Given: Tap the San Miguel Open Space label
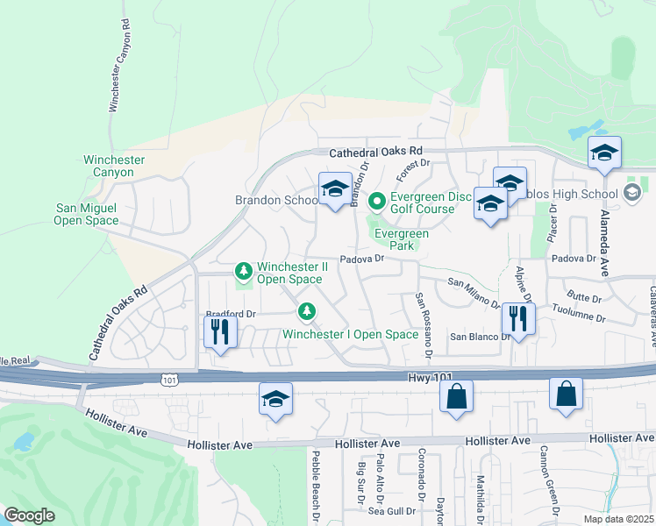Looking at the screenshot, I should click(x=87, y=214).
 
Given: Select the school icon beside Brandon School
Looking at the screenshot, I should click(x=334, y=189).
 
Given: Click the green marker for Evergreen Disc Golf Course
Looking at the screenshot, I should click(x=377, y=203).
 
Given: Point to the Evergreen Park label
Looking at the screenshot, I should click(x=402, y=239).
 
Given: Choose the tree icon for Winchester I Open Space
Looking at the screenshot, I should click(x=306, y=311).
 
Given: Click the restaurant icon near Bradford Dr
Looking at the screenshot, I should click(x=219, y=331).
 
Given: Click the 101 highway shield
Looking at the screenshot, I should click(x=169, y=378).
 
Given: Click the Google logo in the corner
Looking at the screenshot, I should click(x=29, y=515).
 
